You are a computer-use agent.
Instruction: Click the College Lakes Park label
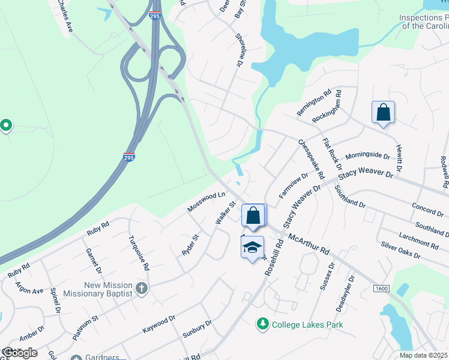pos(307,325)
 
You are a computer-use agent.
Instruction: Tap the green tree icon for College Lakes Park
pos(262,325)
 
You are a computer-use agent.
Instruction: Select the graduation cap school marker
pos(253,247)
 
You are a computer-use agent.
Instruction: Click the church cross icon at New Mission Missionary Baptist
pos(141,289)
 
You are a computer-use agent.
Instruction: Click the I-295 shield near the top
pos(155,16)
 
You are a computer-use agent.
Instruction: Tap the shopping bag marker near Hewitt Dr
pos(383,112)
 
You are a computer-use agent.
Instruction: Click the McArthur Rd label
pos(309,242)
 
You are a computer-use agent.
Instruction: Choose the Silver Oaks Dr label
pos(400,250)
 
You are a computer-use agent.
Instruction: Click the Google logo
pos(19,353)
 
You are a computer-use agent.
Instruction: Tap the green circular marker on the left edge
pos(6,125)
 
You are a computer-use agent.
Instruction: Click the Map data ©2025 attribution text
pos(424,355)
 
